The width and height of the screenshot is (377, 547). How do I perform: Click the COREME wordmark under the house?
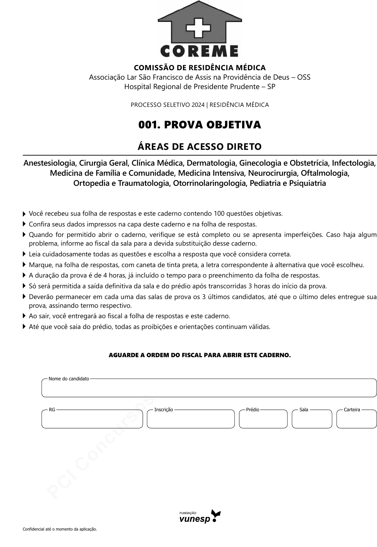pos(199,51)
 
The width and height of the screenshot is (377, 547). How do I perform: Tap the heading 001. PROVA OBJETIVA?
pos(199,125)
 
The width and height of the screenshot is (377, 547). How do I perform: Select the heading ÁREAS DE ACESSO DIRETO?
pos(199,147)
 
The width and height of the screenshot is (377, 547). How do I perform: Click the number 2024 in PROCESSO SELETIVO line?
pos(198,105)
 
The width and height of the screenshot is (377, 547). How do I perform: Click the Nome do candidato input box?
pos(209,389)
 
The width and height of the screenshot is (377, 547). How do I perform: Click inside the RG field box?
pos(92,420)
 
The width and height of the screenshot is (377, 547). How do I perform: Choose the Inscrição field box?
pos(191,420)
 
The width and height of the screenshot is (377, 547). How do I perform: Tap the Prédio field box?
pos(263,420)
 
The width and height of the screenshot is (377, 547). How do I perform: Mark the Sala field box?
pos(312,420)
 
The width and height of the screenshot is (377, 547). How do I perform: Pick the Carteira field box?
pos(357,420)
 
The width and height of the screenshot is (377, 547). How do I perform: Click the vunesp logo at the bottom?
pos(200,517)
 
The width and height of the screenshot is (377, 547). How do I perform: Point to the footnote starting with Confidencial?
pos(60,529)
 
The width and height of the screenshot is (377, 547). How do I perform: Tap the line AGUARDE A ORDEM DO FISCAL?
pos(199,355)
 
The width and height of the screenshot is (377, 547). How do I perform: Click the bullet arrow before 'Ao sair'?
pos(25,316)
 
